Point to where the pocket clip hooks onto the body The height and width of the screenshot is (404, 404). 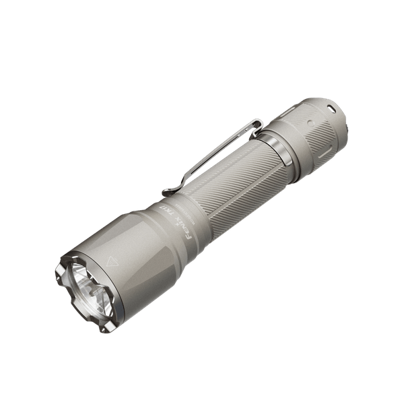point(257,123)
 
